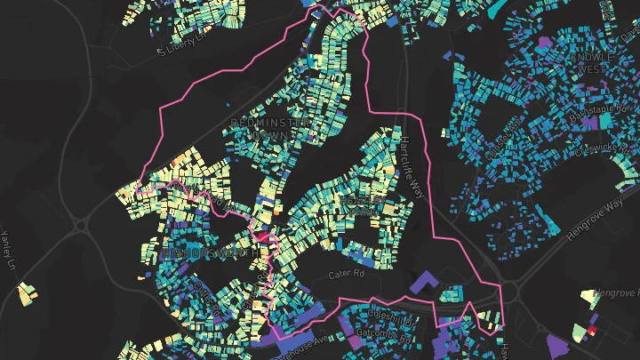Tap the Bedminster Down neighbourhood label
[259, 128]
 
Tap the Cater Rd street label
[346, 276]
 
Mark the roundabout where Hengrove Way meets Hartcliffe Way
[508, 292]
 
